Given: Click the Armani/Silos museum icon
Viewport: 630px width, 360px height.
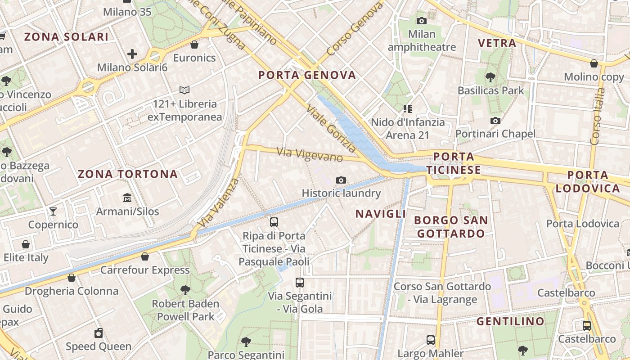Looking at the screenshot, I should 127,198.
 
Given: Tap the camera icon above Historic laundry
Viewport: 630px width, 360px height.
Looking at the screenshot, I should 341,180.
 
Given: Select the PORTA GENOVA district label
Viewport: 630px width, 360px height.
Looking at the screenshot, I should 307,75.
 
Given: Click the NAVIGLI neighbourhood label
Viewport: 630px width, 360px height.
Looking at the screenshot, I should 381,214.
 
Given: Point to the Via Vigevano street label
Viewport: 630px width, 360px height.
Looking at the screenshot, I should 310,155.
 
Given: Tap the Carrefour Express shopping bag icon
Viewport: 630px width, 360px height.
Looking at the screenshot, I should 145,256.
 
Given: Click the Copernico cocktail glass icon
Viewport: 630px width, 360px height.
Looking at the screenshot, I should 53,211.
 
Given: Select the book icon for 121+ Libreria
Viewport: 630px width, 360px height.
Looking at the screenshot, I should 184,90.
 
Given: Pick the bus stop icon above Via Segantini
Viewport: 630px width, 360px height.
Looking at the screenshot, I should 300,283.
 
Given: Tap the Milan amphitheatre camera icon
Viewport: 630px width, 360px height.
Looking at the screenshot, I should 422,21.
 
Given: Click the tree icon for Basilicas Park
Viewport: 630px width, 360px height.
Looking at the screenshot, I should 490,77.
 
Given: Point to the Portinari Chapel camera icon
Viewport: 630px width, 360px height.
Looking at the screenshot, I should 495,121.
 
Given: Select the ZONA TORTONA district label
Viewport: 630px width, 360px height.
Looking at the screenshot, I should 128,174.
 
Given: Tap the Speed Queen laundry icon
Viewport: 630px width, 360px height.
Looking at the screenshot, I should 99,333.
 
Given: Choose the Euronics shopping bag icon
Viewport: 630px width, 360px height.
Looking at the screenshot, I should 195,44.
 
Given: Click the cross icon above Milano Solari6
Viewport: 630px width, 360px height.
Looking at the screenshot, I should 132,54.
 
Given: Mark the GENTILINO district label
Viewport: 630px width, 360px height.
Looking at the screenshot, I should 510,321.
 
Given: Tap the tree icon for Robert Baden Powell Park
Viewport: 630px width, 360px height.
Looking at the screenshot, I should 185,290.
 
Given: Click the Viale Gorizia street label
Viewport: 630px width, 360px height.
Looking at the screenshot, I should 331,128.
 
